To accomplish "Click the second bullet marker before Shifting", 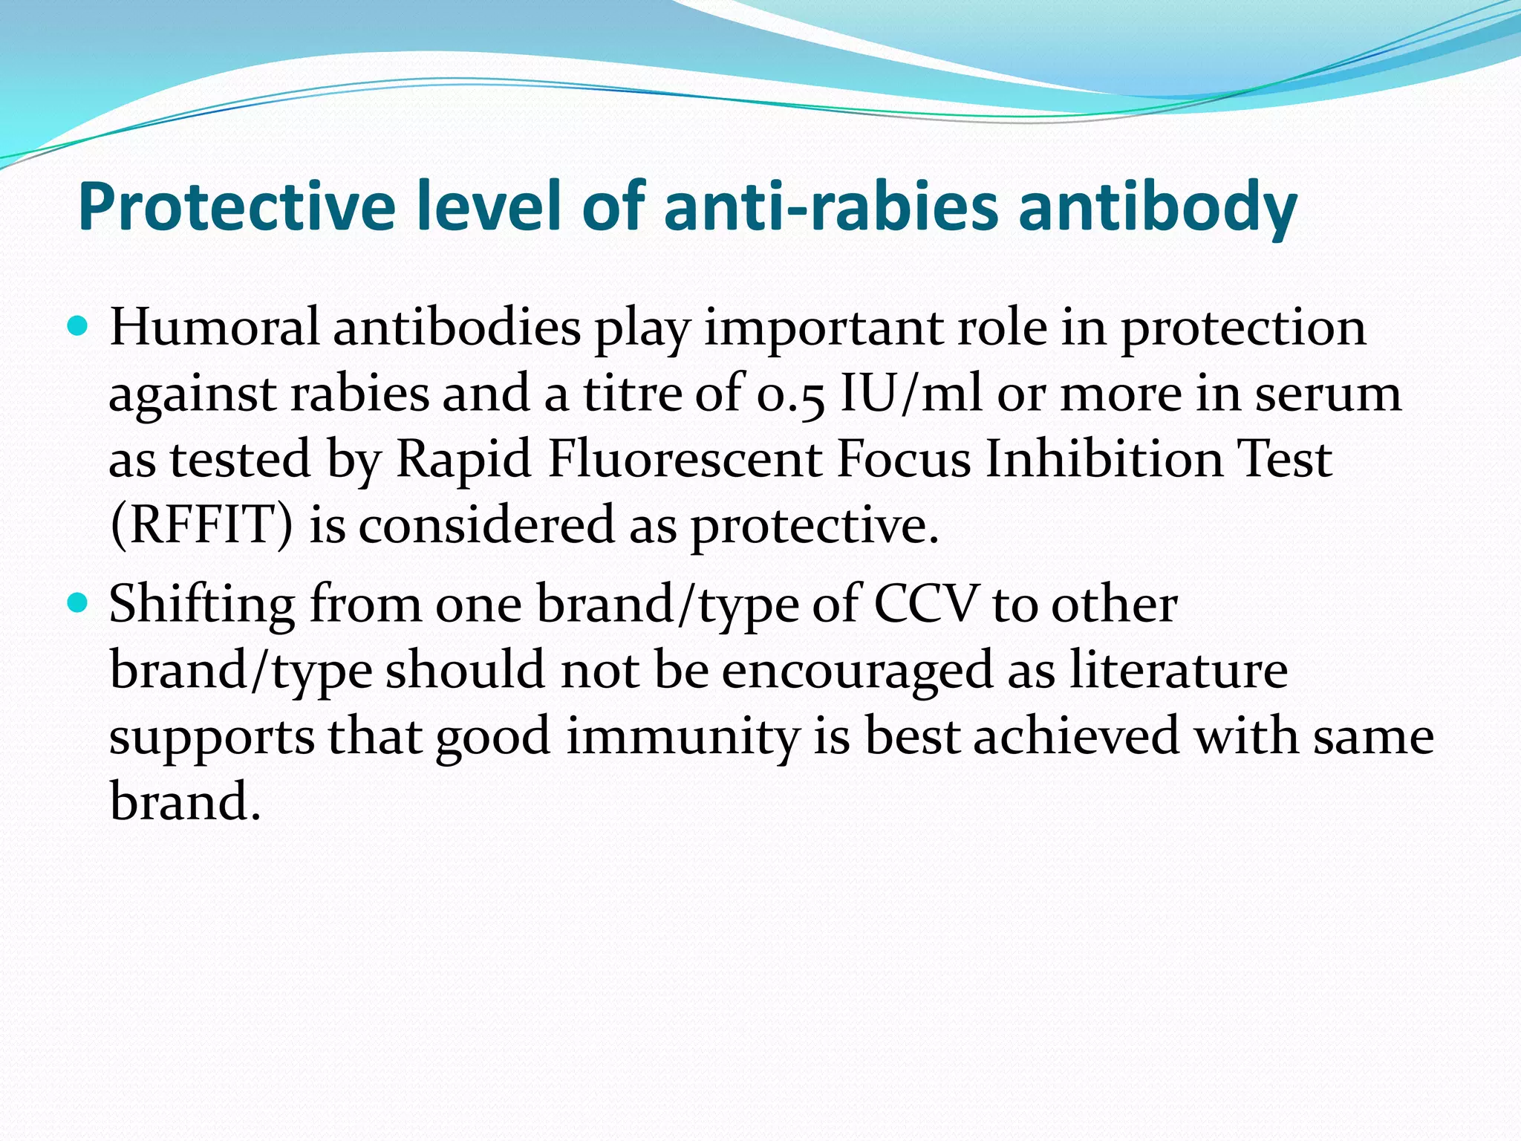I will pyautogui.click(x=77, y=602).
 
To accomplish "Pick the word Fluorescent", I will pyautogui.click(x=684, y=459).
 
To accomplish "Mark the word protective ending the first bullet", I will pyautogui.click(x=814, y=527).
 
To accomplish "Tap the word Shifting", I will pyautogui.click(x=201, y=605).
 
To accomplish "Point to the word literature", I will pyautogui.click(x=1178, y=670).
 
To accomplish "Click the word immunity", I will pyautogui.click(x=683, y=737).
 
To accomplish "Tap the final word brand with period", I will pyautogui.click(x=185, y=802).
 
